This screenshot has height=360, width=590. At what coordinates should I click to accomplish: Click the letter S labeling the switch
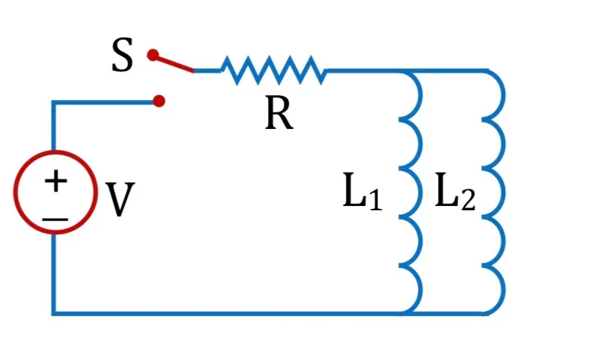click(x=122, y=55)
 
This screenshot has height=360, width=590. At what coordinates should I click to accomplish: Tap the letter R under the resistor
click(x=279, y=112)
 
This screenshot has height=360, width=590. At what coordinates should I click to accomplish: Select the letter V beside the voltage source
click(x=120, y=199)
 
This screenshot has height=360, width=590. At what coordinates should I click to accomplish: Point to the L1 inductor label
click(x=362, y=191)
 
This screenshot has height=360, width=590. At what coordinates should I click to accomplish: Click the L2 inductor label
click(x=455, y=191)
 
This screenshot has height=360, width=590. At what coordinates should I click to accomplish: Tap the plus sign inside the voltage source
click(x=55, y=181)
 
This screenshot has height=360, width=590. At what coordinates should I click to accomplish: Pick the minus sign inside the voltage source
click(x=55, y=219)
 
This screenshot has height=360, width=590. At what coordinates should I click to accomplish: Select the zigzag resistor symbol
click(x=274, y=71)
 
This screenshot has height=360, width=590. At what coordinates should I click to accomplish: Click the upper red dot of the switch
click(x=153, y=55)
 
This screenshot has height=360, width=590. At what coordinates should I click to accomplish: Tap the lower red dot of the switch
click(x=158, y=101)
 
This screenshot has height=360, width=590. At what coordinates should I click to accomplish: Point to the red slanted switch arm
click(x=174, y=63)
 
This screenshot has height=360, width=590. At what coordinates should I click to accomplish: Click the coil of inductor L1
click(x=421, y=192)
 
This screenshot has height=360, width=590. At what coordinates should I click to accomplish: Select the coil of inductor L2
click(x=504, y=192)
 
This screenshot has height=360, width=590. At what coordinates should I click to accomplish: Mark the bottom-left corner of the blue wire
click(x=53, y=313)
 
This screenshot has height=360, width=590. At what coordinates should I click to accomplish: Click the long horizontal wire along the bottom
click(x=230, y=313)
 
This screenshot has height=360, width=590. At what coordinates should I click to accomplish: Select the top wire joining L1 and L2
click(x=448, y=71)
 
